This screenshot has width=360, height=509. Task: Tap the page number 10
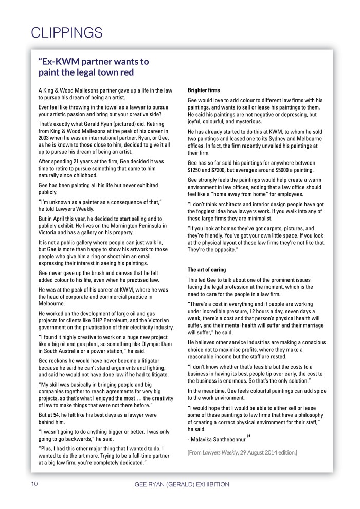point(34,484)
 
